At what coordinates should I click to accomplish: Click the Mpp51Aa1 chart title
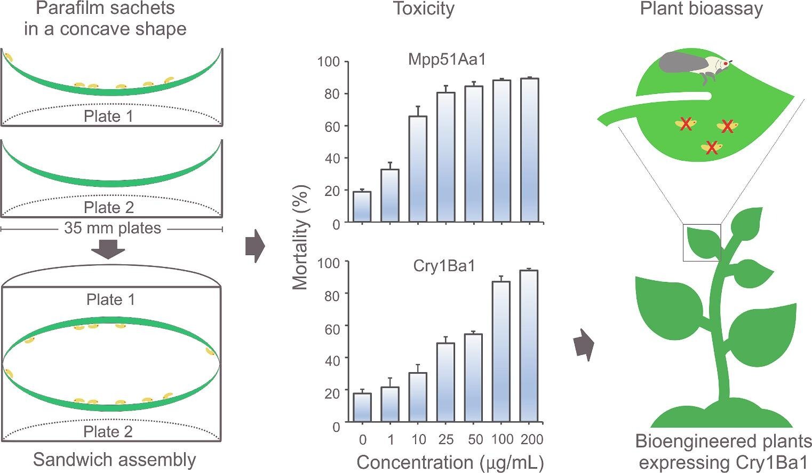tap(447, 59)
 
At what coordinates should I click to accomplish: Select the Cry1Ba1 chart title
tap(444, 266)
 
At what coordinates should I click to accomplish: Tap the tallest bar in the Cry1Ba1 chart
tap(529, 346)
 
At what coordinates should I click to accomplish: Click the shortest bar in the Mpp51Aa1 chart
tap(362, 207)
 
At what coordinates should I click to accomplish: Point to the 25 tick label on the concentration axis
tap(446, 439)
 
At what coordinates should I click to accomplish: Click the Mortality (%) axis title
tap(301, 238)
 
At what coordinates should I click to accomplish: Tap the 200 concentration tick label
tap(532, 439)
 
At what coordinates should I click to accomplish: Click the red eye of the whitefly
tap(726, 64)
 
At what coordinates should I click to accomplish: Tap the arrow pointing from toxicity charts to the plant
tap(584, 345)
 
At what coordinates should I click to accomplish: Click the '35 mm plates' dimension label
tap(113, 228)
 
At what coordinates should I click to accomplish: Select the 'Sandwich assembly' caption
tap(115, 460)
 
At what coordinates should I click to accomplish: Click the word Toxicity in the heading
tap(424, 9)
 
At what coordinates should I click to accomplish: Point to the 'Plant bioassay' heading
tap(702, 9)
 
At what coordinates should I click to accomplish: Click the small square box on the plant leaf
tap(702, 243)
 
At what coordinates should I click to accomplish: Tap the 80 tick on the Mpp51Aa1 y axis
tap(332, 94)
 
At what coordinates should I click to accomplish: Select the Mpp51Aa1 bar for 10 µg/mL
tap(418, 169)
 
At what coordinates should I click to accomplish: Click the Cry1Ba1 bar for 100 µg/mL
tap(501, 351)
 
